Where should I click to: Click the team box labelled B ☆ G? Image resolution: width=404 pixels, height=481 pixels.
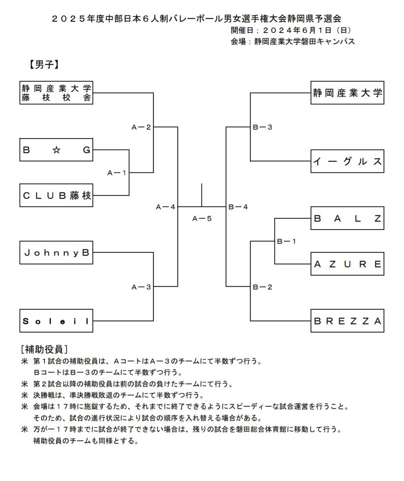pos(56,150)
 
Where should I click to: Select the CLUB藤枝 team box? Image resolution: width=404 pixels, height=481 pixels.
pos(56,196)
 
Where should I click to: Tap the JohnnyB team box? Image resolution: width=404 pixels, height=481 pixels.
pos(56,253)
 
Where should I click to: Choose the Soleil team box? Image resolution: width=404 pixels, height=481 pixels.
pos(56,321)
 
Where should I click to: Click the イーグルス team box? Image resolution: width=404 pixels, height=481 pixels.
pos(347,161)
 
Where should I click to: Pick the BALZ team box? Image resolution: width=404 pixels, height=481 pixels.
pos(347,218)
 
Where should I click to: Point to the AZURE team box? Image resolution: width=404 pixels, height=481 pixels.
pos(347,264)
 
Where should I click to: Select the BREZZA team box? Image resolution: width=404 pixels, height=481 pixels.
pos(347,321)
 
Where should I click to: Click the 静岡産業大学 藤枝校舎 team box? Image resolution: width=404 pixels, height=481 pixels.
pos(56,93)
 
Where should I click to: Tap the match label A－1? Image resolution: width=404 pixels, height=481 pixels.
pos(117,173)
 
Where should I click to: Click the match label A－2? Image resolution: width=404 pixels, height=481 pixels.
pos(141,127)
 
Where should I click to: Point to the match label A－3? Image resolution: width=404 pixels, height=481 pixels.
pos(141,287)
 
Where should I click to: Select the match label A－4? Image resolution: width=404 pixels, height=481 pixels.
pos(166,207)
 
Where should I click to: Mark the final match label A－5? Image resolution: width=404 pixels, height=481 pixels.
pos(202,218)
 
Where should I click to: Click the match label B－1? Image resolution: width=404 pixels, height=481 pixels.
pos(287,241)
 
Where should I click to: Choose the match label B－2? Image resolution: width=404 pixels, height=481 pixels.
pos(263,287)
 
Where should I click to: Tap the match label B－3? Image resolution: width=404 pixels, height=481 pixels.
pos(263,127)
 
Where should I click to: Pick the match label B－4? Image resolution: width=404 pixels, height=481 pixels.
pos(238,207)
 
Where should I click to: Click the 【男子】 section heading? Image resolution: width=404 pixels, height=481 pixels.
pos(44,65)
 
